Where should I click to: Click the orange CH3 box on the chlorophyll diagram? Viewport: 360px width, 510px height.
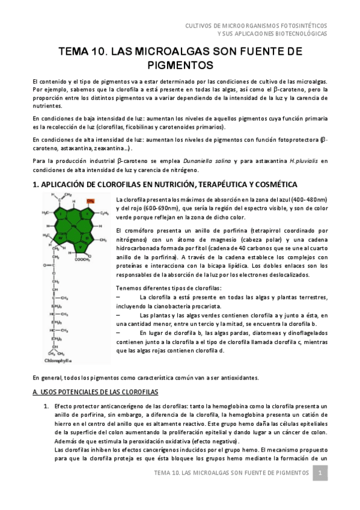click(x=90, y=201)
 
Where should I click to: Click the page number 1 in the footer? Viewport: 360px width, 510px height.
click(x=321, y=473)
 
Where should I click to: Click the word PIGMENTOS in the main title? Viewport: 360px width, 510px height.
click(x=180, y=65)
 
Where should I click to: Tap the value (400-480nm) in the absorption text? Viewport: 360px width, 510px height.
click(x=307, y=199)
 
